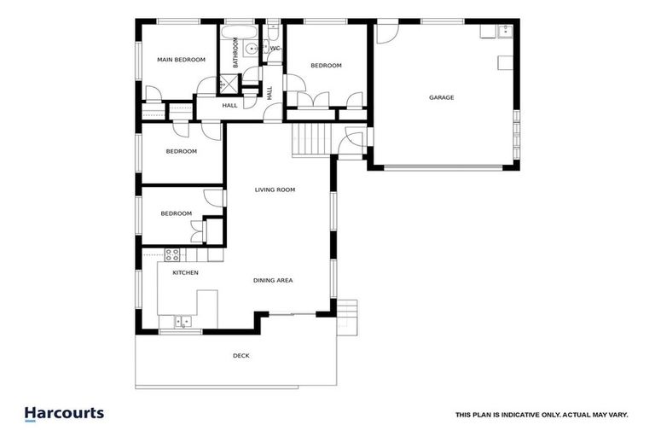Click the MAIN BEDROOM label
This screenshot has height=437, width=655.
click(x=182, y=60)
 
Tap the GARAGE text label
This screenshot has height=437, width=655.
click(x=441, y=97)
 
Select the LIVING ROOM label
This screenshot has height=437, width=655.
click(x=275, y=189)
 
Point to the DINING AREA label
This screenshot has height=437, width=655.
click(x=273, y=280)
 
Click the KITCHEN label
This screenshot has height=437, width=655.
click(x=186, y=272)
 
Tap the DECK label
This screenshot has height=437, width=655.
click(x=241, y=356)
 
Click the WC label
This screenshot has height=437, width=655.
click(x=275, y=49)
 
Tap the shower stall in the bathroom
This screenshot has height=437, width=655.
click(x=228, y=84)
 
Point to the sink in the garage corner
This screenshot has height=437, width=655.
click(x=504, y=32)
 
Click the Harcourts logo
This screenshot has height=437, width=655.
click(x=64, y=414)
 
